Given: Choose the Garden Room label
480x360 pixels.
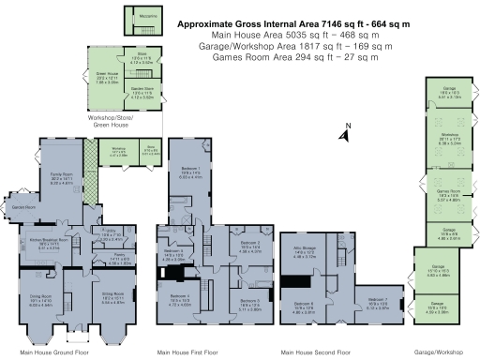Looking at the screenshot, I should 22,205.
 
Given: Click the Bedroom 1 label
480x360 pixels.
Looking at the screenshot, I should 191,172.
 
